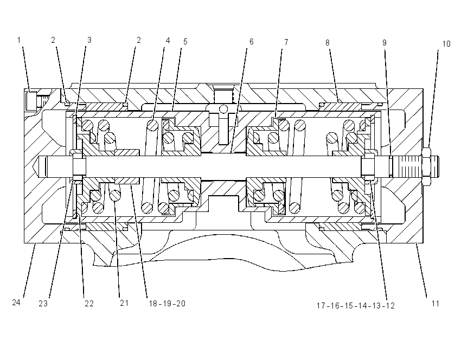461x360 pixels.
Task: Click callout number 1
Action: (19, 40)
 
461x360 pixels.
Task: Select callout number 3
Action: (89, 40)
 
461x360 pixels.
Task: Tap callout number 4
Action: (168, 41)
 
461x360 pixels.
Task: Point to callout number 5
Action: (185, 42)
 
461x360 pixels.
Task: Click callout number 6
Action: (251, 42)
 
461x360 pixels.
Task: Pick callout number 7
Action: (286, 42)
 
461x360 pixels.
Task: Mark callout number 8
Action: (327, 43)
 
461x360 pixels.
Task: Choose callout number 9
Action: (385, 43)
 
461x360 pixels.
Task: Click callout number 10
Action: (446, 44)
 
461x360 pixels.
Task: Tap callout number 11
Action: (435, 304)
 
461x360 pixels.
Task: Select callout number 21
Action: (124, 303)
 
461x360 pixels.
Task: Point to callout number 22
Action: (89, 304)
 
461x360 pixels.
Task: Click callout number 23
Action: (43, 304)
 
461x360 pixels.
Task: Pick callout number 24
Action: (16, 303)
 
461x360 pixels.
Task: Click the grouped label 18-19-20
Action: (167, 304)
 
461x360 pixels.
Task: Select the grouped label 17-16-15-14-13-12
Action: (355, 306)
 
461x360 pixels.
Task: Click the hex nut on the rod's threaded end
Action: (426, 166)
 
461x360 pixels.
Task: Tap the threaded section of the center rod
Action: (409, 166)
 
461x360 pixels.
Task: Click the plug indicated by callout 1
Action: (31, 101)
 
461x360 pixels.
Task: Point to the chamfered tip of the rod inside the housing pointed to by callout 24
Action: (42, 166)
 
